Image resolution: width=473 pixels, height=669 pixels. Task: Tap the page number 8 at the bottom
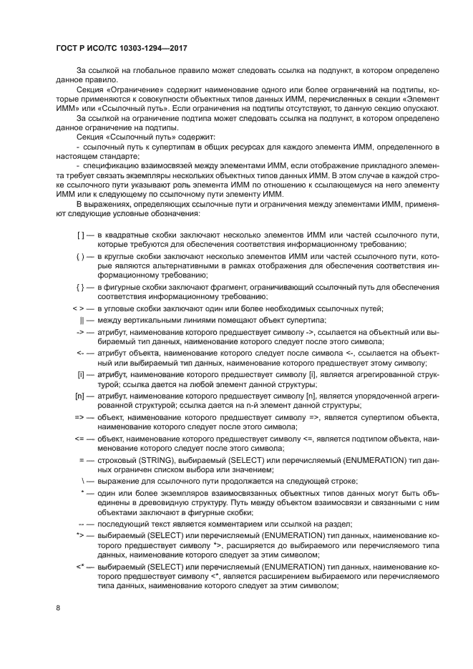[58, 607]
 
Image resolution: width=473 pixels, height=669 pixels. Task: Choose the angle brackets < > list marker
[79, 308]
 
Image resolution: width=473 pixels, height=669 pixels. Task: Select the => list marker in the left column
[79, 416]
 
